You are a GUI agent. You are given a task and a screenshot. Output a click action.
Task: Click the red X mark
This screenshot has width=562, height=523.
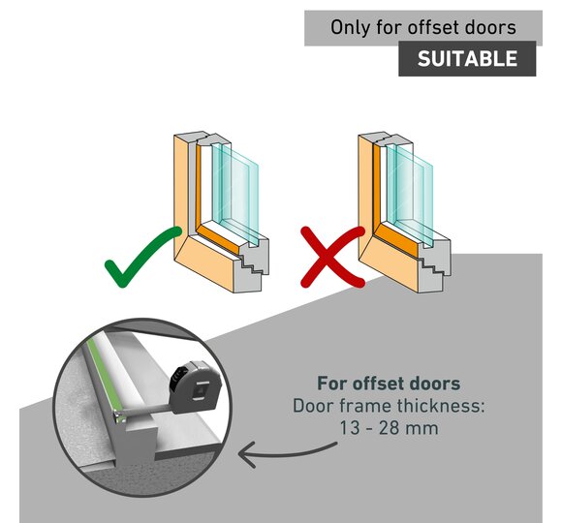(333, 257)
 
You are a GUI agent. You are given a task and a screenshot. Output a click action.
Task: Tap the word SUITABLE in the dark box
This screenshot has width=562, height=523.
(467, 58)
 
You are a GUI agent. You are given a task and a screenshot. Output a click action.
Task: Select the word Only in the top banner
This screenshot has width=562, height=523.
(351, 28)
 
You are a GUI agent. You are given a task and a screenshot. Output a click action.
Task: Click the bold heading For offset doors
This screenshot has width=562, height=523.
(389, 384)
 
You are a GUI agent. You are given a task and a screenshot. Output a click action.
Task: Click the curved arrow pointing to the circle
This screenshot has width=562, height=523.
(283, 454)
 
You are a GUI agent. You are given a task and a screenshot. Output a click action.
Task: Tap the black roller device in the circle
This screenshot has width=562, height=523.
(196, 386)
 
